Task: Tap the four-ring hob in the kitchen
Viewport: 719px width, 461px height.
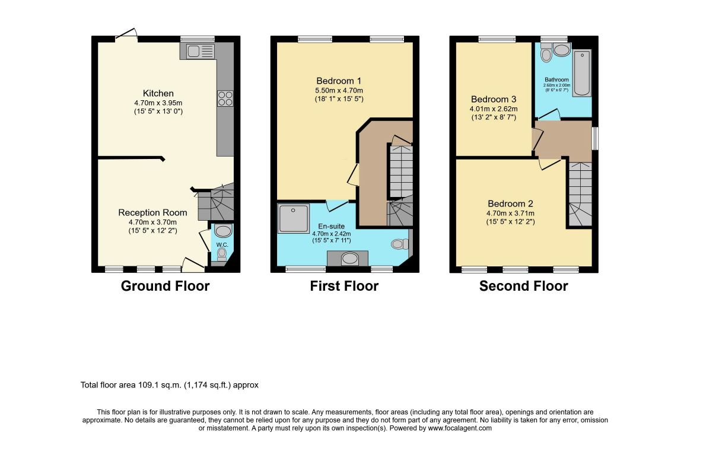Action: point(225,98)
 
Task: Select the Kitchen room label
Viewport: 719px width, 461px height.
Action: point(158,93)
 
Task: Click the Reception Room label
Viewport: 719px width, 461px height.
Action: point(152,212)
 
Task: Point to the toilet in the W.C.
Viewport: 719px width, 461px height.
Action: point(221,255)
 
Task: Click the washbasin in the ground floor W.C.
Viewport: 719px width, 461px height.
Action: point(223,231)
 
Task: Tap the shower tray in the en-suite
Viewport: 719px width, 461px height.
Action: point(294,218)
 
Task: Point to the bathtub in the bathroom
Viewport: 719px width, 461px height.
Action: point(582,72)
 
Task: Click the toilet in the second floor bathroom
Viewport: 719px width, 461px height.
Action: point(546,53)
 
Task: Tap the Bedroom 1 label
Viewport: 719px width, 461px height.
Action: point(339,81)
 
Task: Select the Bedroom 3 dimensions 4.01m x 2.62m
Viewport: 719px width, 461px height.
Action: point(494,109)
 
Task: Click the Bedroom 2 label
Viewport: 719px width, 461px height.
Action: point(510,204)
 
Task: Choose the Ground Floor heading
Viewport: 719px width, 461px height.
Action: point(165,286)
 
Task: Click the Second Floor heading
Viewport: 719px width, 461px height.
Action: point(523,286)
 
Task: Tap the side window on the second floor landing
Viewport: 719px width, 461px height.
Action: point(595,138)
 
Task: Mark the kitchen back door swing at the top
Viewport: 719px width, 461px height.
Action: point(126,34)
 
